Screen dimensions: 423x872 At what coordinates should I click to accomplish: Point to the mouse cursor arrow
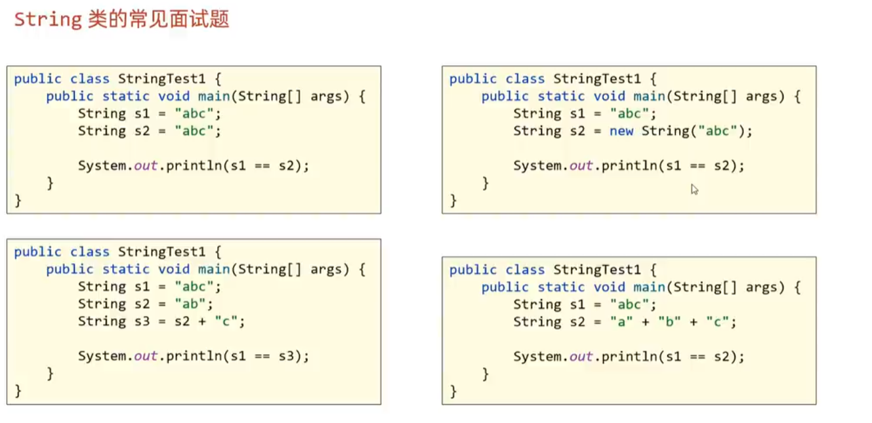[694, 189]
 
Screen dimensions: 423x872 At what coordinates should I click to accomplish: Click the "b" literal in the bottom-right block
[668, 322]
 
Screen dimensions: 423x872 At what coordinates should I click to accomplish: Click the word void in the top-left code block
[175, 96]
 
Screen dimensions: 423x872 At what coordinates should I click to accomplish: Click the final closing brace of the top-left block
[18, 200]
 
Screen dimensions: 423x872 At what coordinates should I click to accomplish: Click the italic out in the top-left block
[146, 166]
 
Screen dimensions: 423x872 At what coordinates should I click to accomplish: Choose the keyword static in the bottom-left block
[126, 270]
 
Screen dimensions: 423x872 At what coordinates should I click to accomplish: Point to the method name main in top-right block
[649, 96]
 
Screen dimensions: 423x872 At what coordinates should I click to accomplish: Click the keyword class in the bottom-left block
[90, 252]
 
